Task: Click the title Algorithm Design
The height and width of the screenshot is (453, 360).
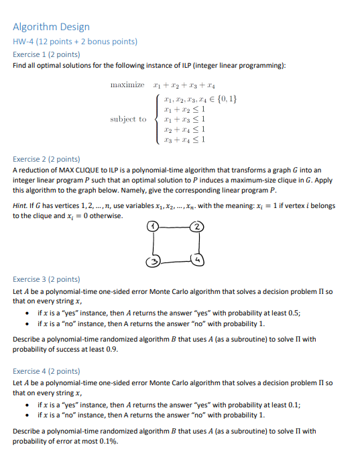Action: click(51, 27)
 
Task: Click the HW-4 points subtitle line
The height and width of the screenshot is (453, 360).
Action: click(75, 41)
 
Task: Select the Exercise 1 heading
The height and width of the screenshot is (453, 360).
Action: click(47, 54)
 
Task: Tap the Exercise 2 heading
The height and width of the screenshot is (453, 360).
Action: click(47, 159)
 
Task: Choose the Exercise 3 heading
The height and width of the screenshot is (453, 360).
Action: click(47, 279)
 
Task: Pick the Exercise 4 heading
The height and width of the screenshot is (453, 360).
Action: click(47, 370)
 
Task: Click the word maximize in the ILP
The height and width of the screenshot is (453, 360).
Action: click(127, 85)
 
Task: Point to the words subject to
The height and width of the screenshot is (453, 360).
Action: click(128, 119)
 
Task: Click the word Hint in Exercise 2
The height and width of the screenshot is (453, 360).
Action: click(21, 205)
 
